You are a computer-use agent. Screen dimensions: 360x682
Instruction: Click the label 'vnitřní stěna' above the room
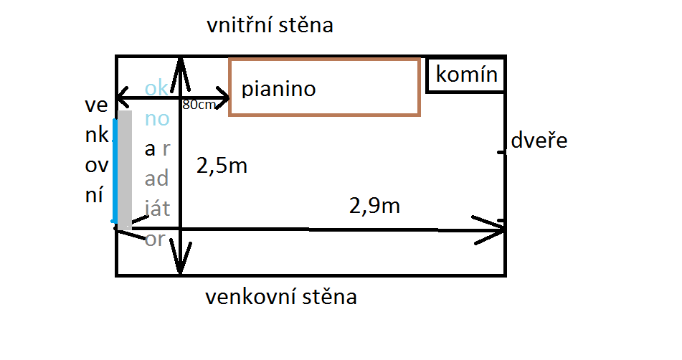pyautogui.click(x=270, y=27)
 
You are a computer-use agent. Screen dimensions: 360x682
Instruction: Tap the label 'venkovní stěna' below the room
pyautogui.click(x=280, y=296)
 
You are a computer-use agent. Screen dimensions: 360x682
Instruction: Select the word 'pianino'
pyautogui.click(x=279, y=90)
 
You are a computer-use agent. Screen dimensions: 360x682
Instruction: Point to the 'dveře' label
pyautogui.click(x=539, y=141)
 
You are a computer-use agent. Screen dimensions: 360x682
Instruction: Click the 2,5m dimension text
pyautogui.click(x=222, y=166)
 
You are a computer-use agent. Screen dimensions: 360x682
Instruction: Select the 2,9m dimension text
pyautogui.click(x=374, y=207)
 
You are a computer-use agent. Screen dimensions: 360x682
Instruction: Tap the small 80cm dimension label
pyautogui.click(x=199, y=105)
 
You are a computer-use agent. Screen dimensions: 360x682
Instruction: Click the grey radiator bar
pyautogui.click(x=125, y=166)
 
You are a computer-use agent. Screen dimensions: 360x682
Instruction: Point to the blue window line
pyautogui.click(x=114, y=171)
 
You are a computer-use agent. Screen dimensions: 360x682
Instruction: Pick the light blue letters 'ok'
pyautogui.click(x=156, y=88)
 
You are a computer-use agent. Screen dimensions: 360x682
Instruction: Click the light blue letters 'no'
pyautogui.click(x=156, y=118)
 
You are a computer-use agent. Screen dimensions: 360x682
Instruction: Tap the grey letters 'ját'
pyautogui.click(x=156, y=208)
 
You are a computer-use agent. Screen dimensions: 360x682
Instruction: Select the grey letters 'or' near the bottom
pyautogui.click(x=155, y=239)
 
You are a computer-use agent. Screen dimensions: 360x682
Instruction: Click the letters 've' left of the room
pyautogui.click(x=95, y=107)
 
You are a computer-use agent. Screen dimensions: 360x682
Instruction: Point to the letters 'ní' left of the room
pyautogui.click(x=94, y=195)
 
